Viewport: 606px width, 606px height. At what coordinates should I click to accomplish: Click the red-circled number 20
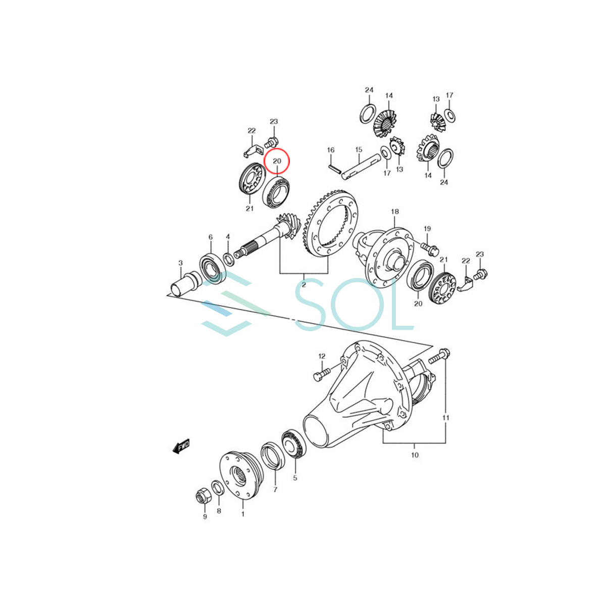(277, 161)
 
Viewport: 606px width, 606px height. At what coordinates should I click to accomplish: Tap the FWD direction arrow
(180, 446)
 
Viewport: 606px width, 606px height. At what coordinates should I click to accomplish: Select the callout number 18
(394, 212)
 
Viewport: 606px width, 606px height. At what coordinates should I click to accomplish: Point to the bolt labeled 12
(322, 374)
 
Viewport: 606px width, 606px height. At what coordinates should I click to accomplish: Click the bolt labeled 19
(429, 247)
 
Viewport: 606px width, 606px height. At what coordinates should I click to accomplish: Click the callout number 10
(415, 455)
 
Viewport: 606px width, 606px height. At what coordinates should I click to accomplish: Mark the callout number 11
(446, 418)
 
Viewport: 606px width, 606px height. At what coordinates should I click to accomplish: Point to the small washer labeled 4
(228, 259)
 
